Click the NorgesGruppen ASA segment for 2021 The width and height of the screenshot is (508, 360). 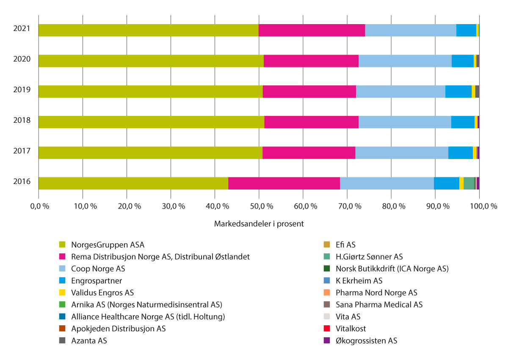click(x=148, y=30)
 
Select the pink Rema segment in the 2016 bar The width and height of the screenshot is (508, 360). click(x=284, y=183)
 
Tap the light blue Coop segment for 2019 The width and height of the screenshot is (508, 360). click(x=400, y=91)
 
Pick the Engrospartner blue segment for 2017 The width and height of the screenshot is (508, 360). click(x=461, y=153)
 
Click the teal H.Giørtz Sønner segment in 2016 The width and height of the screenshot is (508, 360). click(x=469, y=183)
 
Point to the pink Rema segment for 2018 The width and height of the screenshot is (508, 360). click(x=311, y=122)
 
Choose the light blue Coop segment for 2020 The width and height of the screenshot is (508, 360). click(x=405, y=61)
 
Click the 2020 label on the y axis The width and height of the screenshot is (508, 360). click(x=22, y=59)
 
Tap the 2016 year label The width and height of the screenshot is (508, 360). click(x=22, y=181)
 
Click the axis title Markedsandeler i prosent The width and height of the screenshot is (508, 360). click(x=259, y=224)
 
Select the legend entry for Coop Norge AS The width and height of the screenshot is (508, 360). click(x=98, y=269)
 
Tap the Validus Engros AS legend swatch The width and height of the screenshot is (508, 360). click(x=62, y=293)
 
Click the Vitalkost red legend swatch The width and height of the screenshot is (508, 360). click(x=326, y=329)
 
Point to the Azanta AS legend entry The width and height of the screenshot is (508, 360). click(x=89, y=341)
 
